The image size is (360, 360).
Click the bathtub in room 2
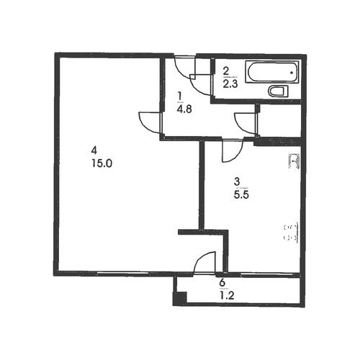(x=272, y=72)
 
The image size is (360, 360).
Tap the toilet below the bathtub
(x=278, y=91)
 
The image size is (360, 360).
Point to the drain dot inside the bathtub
(x=292, y=72)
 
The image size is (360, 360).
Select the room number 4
(x=94, y=150)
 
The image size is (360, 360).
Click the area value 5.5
(x=241, y=195)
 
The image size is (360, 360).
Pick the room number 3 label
(x=237, y=181)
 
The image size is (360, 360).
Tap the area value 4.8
(x=184, y=109)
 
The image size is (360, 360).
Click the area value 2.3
(x=230, y=84)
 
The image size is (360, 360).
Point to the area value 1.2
(x=227, y=296)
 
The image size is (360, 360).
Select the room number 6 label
(x=222, y=282)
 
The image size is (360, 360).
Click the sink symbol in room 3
(x=294, y=161)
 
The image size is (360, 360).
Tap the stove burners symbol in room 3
(x=291, y=233)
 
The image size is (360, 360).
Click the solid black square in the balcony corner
(x=180, y=298)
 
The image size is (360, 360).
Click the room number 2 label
(x=226, y=71)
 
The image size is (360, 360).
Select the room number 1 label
(x=179, y=96)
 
